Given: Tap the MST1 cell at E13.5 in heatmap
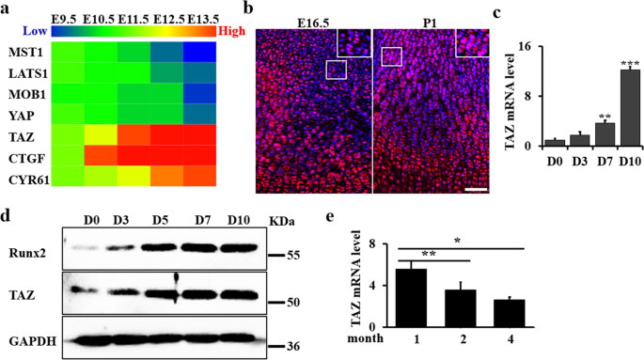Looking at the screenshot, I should point(197,51).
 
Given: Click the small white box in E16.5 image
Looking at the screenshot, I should point(337,69).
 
